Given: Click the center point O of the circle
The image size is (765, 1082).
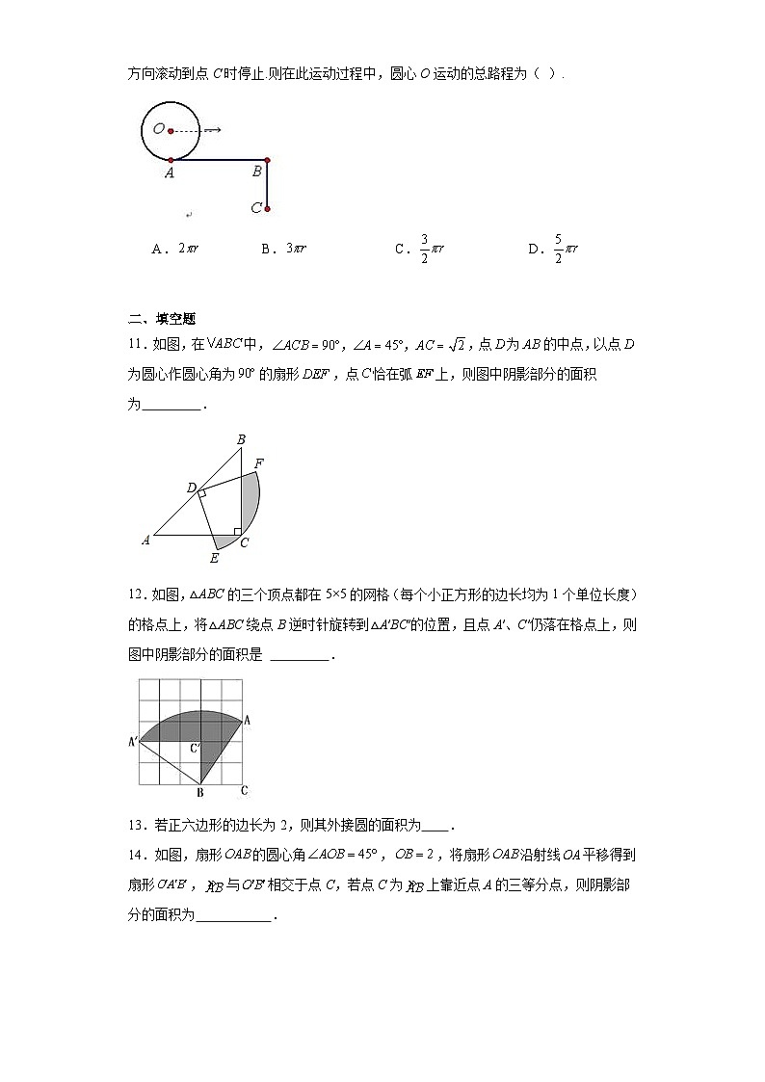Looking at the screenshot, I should pos(171,130).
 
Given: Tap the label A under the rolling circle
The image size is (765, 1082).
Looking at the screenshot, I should pos(169,173).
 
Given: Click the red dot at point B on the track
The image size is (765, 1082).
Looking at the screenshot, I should pos(267,160).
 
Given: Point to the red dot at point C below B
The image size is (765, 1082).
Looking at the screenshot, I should pos(267,207).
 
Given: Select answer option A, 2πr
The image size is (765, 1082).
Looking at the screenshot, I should pos(175,249).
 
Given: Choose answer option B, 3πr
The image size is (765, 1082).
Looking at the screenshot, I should pos(283,249).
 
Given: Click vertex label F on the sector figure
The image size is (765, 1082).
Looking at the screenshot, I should pos(258,463).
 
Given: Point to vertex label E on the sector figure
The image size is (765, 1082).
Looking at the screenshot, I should pos(214,558).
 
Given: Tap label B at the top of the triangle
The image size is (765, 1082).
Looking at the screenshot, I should pos(241,440).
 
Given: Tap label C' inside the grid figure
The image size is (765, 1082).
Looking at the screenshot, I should pos(195,748).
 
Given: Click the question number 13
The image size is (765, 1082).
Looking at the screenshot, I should pos(136,825).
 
